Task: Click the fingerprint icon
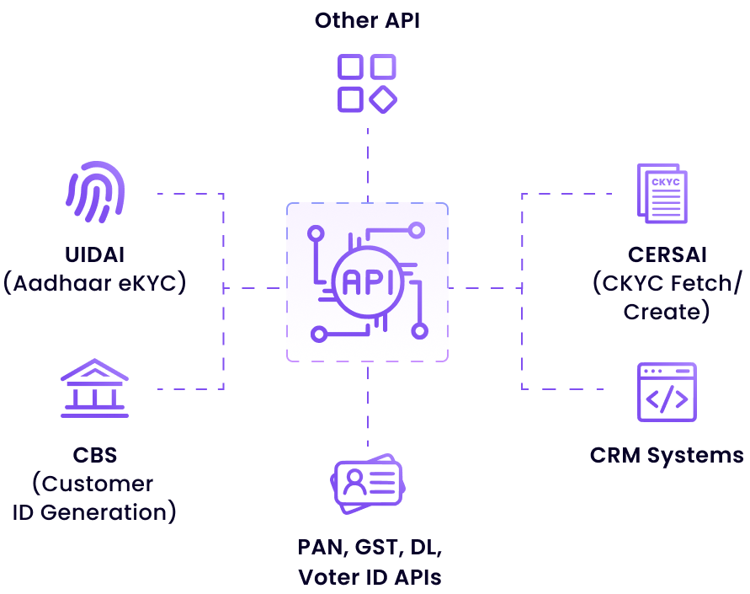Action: click(x=95, y=192)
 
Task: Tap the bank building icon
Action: click(x=94, y=388)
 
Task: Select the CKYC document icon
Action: click(x=662, y=194)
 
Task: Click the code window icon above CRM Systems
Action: click(x=667, y=392)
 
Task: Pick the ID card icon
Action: click(x=367, y=484)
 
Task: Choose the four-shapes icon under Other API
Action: click(x=367, y=83)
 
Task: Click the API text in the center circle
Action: click(x=367, y=281)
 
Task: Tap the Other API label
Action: click(x=367, y=20)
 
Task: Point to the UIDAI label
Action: click(x=94, y=254)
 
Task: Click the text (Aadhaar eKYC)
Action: click(x=94, y=283)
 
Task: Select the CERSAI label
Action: click(x=667, y=254)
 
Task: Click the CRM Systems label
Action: click(x=667, y=456)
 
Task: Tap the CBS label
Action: click(x=94, y=456)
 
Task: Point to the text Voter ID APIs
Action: click(x=369, y=577)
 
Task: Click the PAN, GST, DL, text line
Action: click(x=369, y=547)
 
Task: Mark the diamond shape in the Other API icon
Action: click(x=383, y=99)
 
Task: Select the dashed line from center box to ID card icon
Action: click(x=368, y=404)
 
